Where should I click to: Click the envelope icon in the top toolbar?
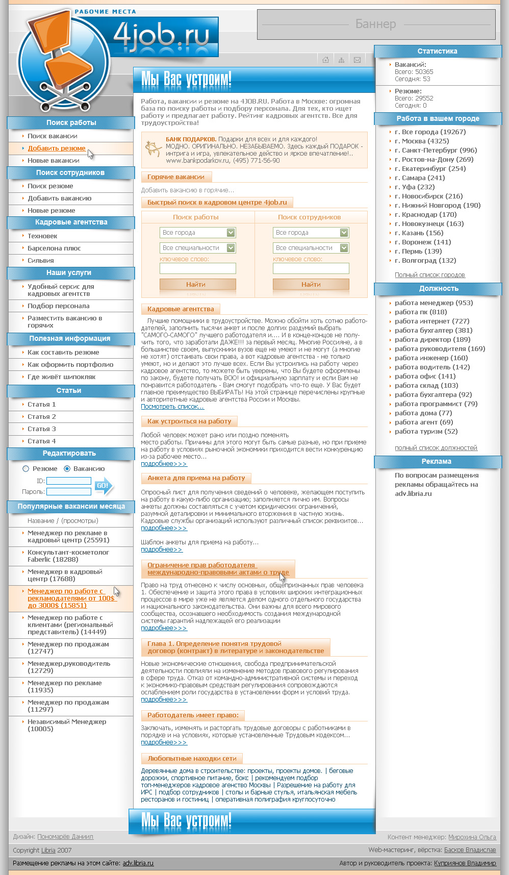[357, 60]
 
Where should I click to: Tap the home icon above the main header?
[325, 60]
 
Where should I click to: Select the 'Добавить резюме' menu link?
[57, 148]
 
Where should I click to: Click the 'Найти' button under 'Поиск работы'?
[197, 284]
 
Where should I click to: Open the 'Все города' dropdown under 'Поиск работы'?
[197, 233]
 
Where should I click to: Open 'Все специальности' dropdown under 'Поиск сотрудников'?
[311, 248]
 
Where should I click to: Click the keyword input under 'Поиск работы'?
[197, 268]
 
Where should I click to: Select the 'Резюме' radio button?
[26, 468]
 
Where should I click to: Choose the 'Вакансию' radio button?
[67, 468]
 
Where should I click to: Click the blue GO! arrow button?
[104, 486]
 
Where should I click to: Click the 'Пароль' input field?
[69, 491]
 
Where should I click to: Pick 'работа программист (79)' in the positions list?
[436, 404]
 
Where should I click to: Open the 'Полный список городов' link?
[429, 275]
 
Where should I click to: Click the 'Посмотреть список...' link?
[172, 407]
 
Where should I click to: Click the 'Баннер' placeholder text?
[376, 24]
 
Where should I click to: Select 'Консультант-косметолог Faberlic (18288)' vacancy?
[68, 556]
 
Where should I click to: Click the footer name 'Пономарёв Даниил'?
[65, 837]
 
